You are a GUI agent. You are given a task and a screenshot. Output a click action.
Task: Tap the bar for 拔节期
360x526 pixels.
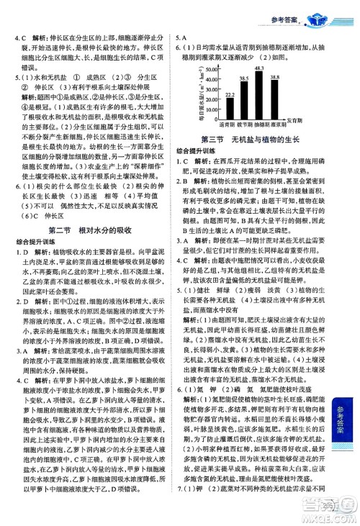[246, 98]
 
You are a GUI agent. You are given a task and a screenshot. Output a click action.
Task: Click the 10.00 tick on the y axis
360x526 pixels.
[212, 109]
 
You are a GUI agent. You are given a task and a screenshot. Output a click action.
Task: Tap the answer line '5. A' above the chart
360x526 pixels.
[181, 38]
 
